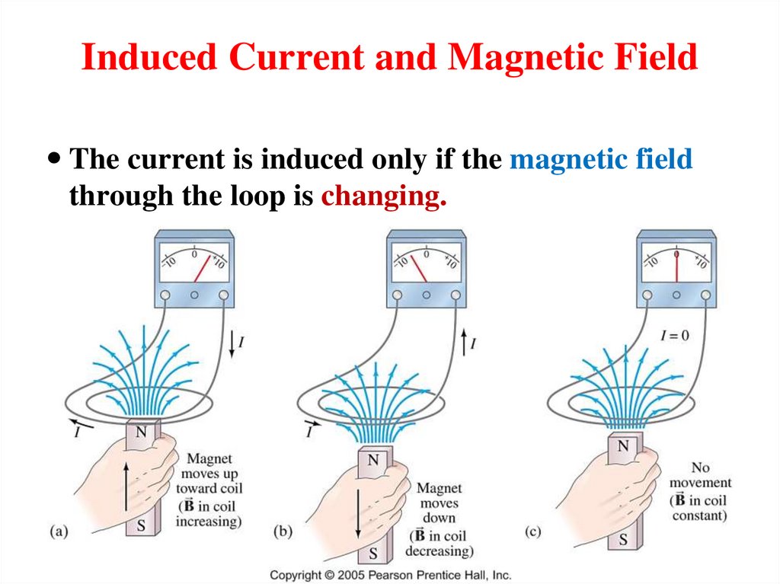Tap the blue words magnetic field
pyautogui.click(x=601, y=160)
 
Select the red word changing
pyautogui.click(x=383, y=196)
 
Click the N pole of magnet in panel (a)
pyautogui.click(x=140, y=432)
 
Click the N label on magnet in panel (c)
pyautogui.click(x=622, y=445)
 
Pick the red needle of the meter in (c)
pyautogui.click(x=676, y=266)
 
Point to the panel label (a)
pyautogui.click(x=59, y=531)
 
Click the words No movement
pyautogui.click(x=700, y=475)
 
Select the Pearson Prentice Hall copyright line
pyautogui.click(x=390, y=576)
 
